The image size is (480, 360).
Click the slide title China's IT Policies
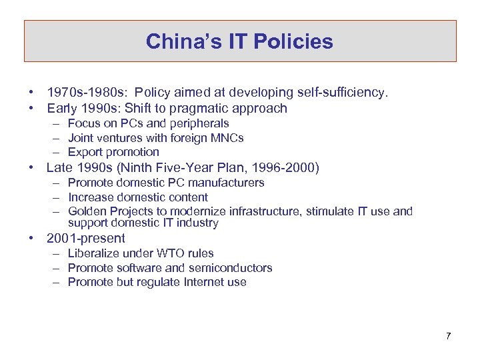(x=239, y=41)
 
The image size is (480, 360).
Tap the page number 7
(x=449, y=335)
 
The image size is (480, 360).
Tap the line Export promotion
(x=113, y=152)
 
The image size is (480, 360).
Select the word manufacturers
(x=227, y=183)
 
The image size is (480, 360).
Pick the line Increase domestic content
(x=138, y=197)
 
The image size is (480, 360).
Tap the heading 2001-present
(x=86, y=238)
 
